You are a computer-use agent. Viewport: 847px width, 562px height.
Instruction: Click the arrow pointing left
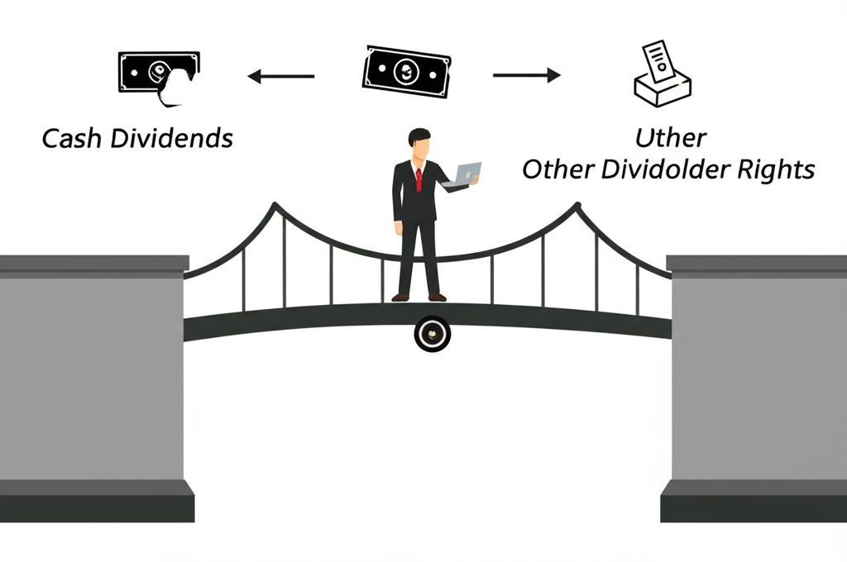point(280,77)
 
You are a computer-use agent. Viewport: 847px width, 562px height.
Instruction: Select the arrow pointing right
point(527,76)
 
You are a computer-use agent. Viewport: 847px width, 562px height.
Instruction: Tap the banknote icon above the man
point(406,71)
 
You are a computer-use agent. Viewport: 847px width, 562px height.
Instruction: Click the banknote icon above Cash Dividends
point(159,74)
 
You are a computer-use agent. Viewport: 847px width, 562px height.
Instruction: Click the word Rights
point(778,170)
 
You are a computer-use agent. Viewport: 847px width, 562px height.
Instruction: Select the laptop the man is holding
point(465,174)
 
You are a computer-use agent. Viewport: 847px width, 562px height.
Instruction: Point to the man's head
point(420,145)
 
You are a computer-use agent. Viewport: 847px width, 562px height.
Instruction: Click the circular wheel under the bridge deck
point(431,334)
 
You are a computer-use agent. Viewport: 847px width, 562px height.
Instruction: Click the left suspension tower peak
point(275,206)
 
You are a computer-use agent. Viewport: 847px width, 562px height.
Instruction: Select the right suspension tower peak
point(578,205)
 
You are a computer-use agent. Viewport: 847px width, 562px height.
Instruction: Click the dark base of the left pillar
point(97,499)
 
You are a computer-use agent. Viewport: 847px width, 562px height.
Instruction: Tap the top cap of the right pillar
point(756,263)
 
